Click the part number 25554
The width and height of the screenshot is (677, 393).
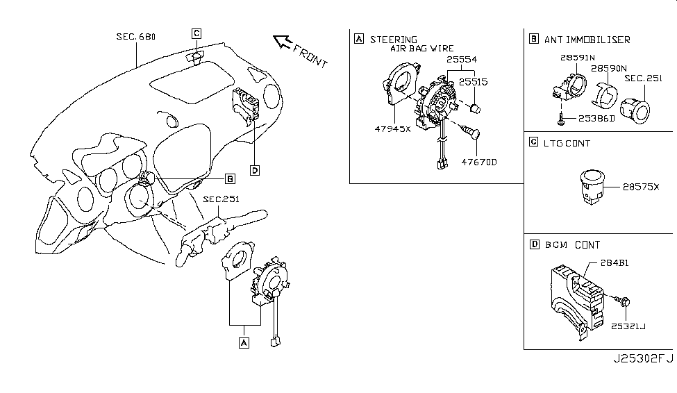click(462, 60)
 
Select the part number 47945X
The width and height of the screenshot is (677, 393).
click(392, 128)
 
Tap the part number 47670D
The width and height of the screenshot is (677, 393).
click(479, 162)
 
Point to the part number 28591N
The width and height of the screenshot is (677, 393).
click(578, 58)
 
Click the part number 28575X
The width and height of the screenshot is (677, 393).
click(641, 187)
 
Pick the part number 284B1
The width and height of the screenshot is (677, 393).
click(615, 262)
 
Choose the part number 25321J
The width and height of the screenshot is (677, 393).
click(628, 326)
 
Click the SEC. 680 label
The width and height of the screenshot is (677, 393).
click(136, 37)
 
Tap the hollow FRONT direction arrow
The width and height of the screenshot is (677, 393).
click(283, 42)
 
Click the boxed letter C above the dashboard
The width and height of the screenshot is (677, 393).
click(197, 33)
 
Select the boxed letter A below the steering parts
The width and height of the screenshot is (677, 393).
click(244, 343)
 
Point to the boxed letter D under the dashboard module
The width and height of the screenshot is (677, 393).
click(255, 171)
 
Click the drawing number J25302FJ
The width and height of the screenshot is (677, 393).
click(643, 359)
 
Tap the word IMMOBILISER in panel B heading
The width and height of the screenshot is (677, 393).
click(598, 40)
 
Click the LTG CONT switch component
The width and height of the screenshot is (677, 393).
click(592, 187)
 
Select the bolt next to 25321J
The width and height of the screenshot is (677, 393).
click(623, 301)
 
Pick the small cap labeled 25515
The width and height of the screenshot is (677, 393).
click(475, 108)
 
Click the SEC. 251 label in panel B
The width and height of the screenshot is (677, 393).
click(643, 78)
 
